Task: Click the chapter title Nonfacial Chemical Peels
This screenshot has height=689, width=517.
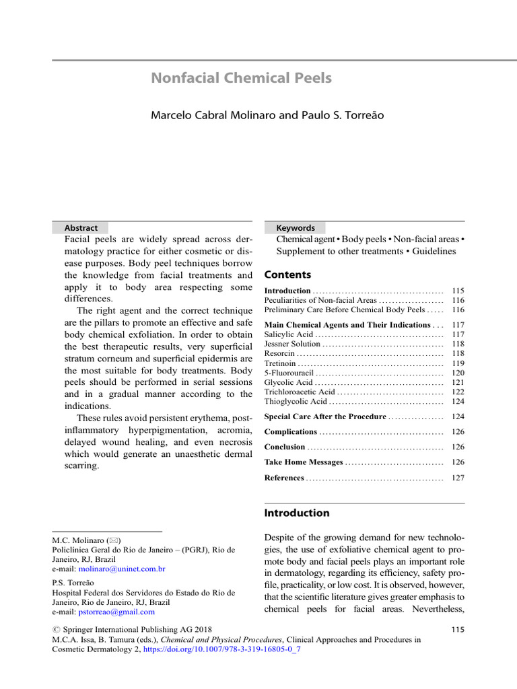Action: (241, 78)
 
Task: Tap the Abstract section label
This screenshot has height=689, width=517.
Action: (81, 228)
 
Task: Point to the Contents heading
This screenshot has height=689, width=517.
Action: (287, 275)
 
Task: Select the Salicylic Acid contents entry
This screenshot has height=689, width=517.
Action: (289, 334)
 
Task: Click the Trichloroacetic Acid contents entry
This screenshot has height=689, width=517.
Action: (300, 392)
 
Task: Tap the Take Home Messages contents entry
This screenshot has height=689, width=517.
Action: (303, 462)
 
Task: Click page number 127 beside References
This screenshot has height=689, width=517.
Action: (458, 478)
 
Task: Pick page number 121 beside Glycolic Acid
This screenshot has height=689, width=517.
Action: (458, 382)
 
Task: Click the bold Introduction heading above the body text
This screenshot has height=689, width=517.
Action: (297, 513)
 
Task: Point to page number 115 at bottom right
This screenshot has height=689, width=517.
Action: (456, 630)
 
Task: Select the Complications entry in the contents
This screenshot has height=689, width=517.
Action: (291, 432)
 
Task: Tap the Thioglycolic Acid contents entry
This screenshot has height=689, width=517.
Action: (296, 402)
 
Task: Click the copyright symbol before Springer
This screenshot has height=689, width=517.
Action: (56, 630)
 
